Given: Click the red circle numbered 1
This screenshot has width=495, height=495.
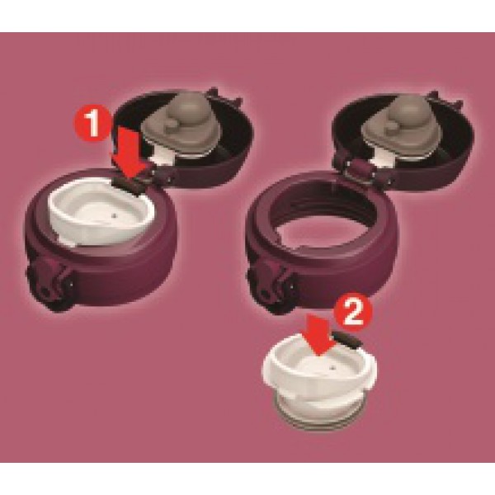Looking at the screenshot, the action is click(x=92, y=123).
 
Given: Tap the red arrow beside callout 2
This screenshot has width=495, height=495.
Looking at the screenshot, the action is click(x=318, y=337).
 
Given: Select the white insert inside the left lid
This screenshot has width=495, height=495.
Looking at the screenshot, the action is click(x=101, y=212).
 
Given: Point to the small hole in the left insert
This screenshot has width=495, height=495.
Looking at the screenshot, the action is click(x=115, y=216).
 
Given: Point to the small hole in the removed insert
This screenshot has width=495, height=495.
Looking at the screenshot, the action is click(x=332, y=368).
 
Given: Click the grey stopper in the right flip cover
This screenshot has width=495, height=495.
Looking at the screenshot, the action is click(x=400, y=126).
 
